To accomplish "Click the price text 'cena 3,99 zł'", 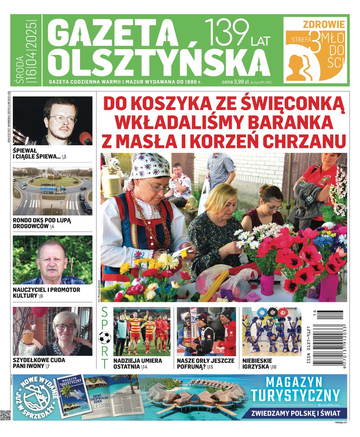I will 235,82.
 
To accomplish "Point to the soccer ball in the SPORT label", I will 105,338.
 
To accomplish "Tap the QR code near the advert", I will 5,415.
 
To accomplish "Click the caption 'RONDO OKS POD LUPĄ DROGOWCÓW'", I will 42,223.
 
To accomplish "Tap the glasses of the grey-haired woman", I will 66,327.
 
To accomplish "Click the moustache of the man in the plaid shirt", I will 52,269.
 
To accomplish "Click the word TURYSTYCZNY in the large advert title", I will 296,395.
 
